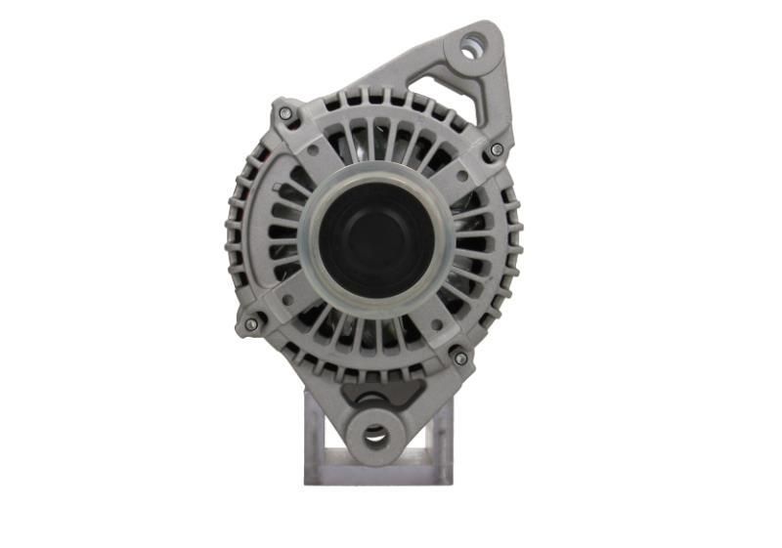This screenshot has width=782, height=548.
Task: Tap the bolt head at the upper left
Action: (x=285, y=113)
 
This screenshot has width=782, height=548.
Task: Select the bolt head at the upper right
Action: (x=497, y=149)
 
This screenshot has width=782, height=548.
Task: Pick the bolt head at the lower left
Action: (x=251, y=323)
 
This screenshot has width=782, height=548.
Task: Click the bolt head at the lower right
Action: (x=460, y=358)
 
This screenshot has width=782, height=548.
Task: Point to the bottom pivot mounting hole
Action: (x=376, y=435)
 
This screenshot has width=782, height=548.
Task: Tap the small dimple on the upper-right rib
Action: (x=458, y=175)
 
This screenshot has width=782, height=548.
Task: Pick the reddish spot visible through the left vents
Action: (x=257, y=156)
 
